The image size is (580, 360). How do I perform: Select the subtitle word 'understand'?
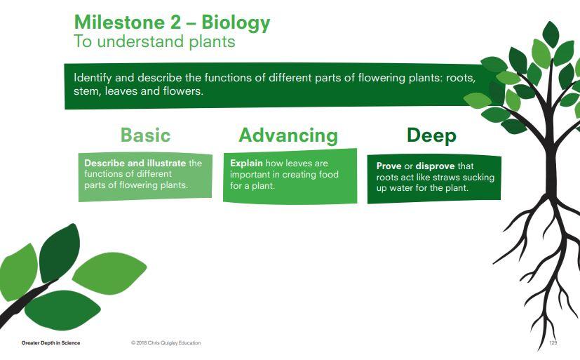pos(140,41)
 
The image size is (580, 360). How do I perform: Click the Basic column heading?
pos(145,135)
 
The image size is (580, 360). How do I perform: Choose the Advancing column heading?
pos(288,135)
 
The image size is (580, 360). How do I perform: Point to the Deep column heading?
pos(431,135)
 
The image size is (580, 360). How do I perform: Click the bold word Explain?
pos(246,164)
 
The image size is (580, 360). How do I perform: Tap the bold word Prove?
pos(389,166)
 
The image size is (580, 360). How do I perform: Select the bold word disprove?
pos(435,166)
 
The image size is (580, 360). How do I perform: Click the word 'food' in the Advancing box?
pos(328,174)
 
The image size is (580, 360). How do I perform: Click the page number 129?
pos(553,342)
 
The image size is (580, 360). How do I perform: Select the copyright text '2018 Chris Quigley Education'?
pos(168,343)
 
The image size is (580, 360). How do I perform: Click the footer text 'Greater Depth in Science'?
pos(50,343)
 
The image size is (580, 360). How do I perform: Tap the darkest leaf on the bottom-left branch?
pos(59,253)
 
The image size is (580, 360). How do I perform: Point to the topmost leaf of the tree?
pos(551,34)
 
